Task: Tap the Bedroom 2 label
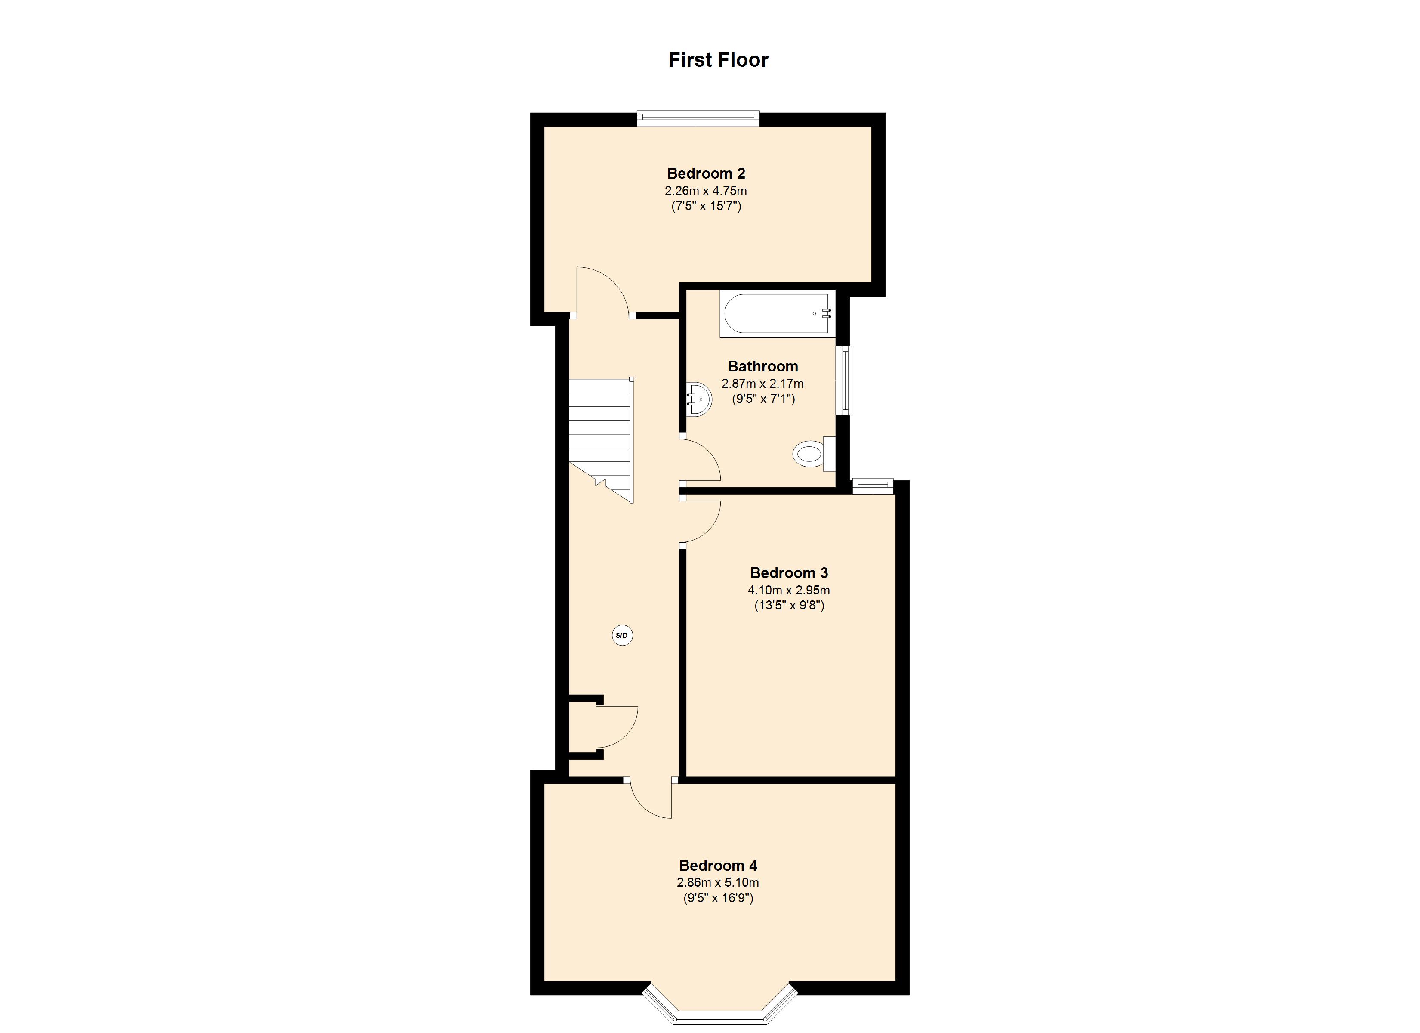pyautogui.click(x=706, y=173)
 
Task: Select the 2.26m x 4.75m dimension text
pyautogui.click(x=706, y=190)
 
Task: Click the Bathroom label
pyautogui.click(x=762, y=366)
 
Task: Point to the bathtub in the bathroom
pyautogui.click(x=778, y=314)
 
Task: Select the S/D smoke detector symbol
pyautogui.click(x=622, y=636)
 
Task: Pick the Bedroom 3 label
pyautogui.click(x=789, y=572)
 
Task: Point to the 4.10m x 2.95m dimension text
pyautogui.click(x=789, y=590)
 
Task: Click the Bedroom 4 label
pyautogui.click(x=718, y=866)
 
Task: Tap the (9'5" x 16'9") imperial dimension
pyautogui.click(x=718, y=898)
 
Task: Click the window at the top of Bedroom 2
pyautogui.click(x=698, y=118)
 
